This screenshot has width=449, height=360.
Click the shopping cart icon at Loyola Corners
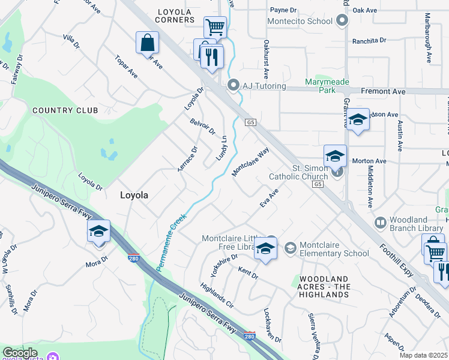[x=215, y=27]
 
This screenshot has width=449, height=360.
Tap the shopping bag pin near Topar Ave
[x=147, y=43]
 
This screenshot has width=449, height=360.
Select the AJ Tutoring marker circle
[x=234, y=86]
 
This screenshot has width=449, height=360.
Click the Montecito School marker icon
[x=342, y=21]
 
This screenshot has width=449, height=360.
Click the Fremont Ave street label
[x=383, y=92]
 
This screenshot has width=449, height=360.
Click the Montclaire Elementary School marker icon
[x=291, y=248]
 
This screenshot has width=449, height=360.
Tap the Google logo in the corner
[x=20, y=353]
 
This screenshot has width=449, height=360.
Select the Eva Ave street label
[x=270, y=199]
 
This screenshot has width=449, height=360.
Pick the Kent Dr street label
[x=247, y=274]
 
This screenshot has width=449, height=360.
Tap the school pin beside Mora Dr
[x=98, y=232]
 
